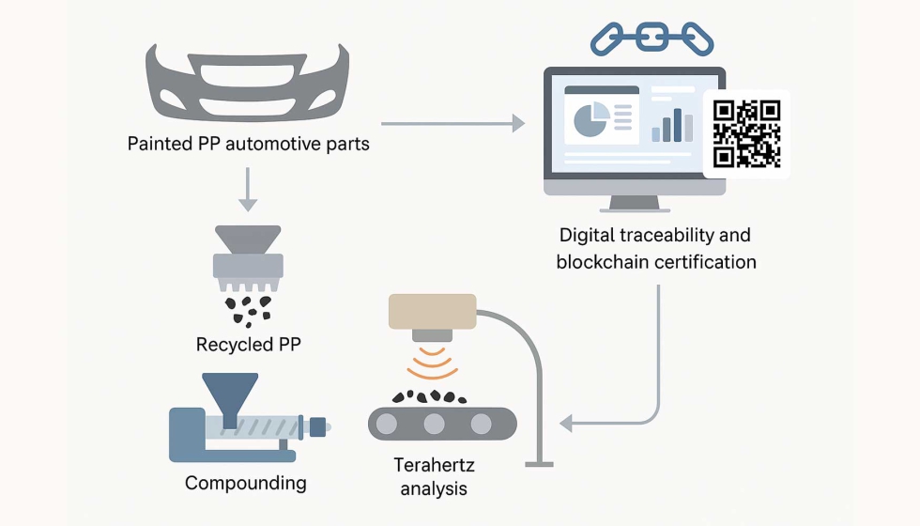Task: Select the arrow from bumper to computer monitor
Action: (x=452, y=122)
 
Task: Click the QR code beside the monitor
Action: (x=746, y=133)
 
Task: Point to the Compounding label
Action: (x=246, y=484)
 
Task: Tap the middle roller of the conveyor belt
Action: (x=433, y=423)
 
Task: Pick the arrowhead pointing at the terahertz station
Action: (x=565, y=424)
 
